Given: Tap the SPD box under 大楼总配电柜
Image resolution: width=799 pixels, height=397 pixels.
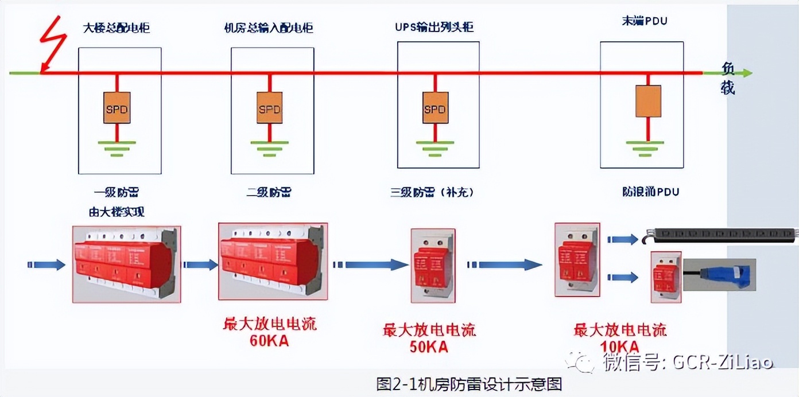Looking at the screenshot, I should pyautogui.click(x=117, y=107).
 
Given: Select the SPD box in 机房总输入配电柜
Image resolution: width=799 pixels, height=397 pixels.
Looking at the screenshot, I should pyautogui.click(x=269, y=107).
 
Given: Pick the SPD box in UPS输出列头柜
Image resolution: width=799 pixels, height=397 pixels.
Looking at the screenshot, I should pyautogui.click(x=435, y=107).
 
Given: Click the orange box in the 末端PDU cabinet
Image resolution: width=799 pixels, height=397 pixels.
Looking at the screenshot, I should pyautogui.click(x=648, y=101).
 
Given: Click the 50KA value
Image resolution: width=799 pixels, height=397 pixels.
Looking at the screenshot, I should pyautogui.click(x=429, y=347).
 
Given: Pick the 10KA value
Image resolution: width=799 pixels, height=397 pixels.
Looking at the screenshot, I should pyautogui.click(x=620, y=346).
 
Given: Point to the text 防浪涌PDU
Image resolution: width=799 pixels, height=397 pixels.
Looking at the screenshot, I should pyautogui.click(x=650, y=192).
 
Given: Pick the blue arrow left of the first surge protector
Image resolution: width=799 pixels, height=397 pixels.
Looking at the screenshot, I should pyautogui.click(x=46, y=264).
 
